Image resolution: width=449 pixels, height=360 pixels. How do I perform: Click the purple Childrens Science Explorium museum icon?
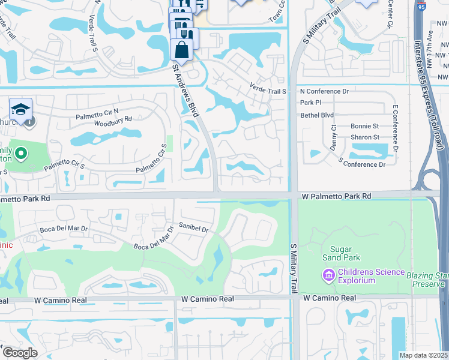coord(328,276)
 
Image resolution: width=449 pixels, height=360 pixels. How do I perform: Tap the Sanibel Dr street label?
coord(194,228)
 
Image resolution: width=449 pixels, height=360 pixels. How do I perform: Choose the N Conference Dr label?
coord(324,91)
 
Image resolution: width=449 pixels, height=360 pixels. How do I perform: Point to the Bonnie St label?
coord(364,126)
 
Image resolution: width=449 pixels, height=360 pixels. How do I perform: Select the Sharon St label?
coord(364,137)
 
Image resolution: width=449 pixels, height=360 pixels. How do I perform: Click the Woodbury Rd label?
coord(112,122)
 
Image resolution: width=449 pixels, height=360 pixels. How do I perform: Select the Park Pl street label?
coord(311,103)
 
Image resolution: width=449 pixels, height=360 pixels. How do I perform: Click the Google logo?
coord(20,352)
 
